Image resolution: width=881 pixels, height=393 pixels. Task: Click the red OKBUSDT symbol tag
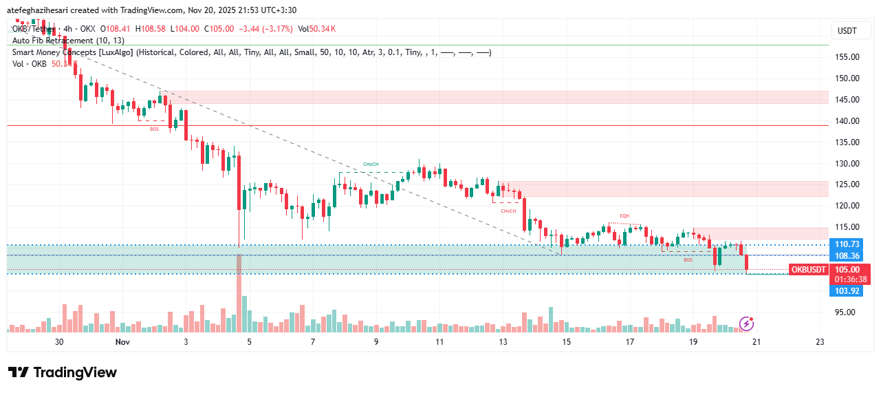808,270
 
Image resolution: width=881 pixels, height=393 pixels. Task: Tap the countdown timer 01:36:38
850,279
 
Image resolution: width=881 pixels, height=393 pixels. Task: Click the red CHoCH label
508,211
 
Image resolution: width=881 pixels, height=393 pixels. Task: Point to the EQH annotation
624,216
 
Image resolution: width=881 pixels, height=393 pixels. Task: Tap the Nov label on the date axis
122,342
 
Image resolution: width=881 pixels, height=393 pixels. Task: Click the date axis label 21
756,342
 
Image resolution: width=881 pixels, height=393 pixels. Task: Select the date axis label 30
59,342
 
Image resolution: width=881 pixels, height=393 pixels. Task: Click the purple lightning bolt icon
746,323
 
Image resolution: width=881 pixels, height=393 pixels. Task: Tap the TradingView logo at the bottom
63,372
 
